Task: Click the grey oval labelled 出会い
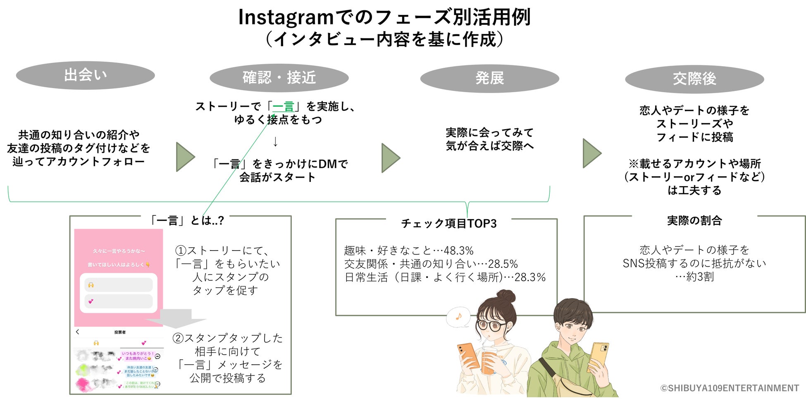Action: point(85,75)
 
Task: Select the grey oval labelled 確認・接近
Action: point(279,78)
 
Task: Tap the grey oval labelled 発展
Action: point(489,78)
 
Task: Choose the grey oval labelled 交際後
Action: point(694,79)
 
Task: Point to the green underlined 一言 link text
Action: point(283,107)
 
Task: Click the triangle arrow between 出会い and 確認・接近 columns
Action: point(185,157)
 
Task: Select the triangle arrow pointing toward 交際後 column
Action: point(591,153)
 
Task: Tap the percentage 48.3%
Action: point(458,251)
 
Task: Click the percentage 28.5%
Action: point(503,264)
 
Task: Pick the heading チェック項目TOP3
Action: point(448,223)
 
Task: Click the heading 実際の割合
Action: point(694,221)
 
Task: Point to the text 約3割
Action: point(700,277)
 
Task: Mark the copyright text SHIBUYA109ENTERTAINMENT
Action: point(730,388)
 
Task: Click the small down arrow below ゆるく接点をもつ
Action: point(275,142)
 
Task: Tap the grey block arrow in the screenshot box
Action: point(176,318)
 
